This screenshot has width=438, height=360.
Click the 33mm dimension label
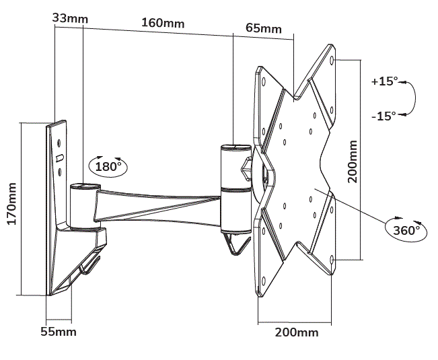click(x=69, y=18)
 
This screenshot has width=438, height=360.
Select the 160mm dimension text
click(x=162, y=23)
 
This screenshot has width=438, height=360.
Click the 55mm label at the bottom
click(x=59, y=332)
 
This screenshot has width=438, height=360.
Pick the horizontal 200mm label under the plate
click(x=297, y=332)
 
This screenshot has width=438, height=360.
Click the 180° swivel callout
click(x=107, y=166)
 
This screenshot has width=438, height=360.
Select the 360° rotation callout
click(x=406, y=229)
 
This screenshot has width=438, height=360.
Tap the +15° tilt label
click(x=384, y=81)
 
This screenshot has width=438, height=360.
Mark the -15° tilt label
click(x=384, y=116)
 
